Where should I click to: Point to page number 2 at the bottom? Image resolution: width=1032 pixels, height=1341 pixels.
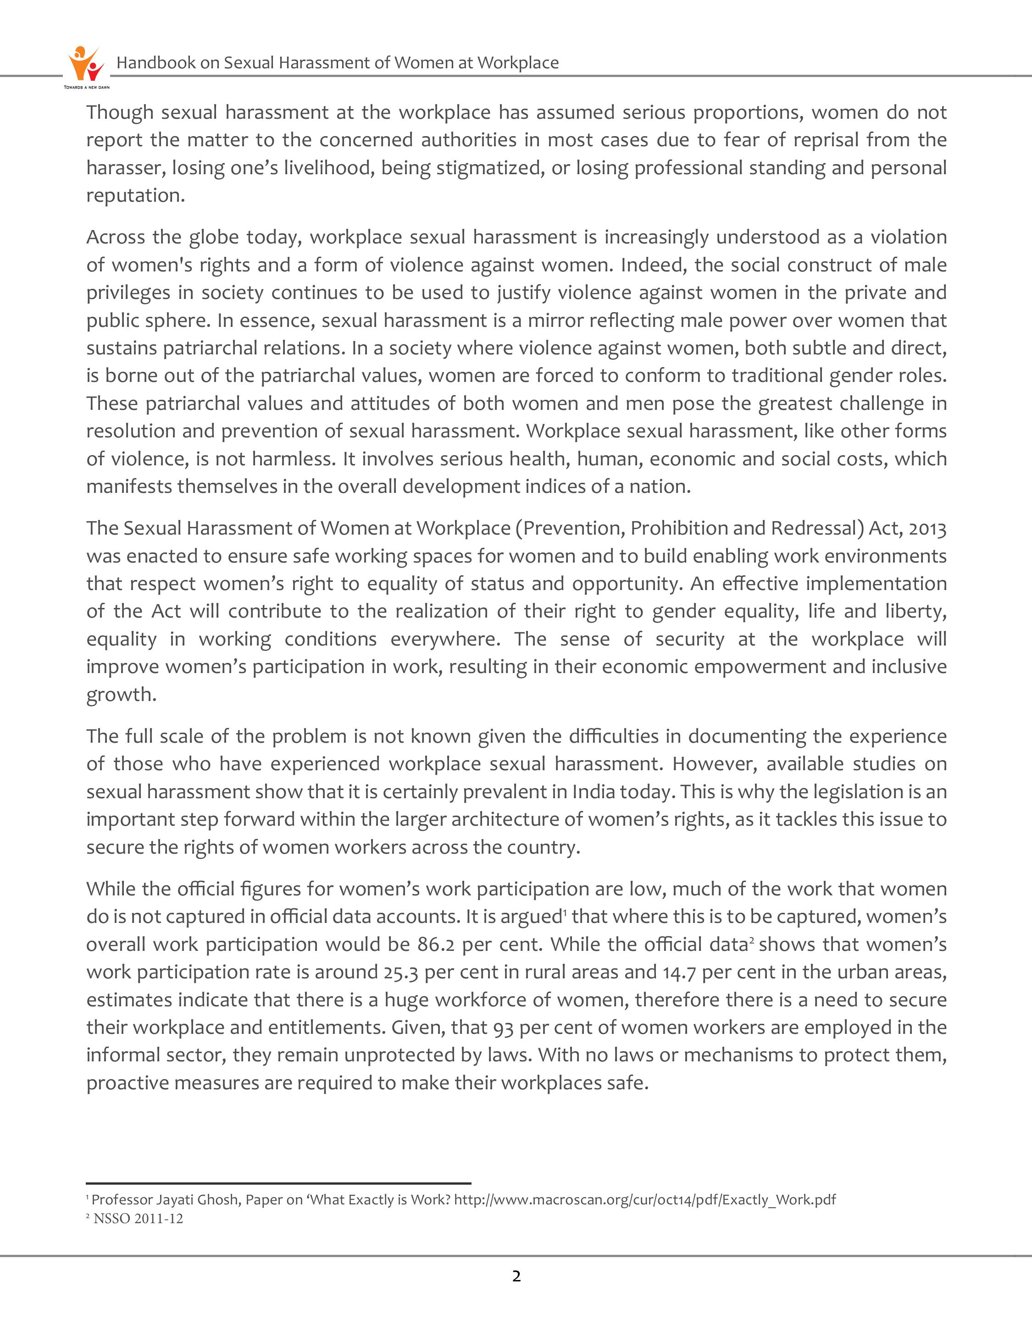[516, 1276]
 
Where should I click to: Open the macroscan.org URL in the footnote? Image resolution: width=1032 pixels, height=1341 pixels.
[644, 1199]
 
